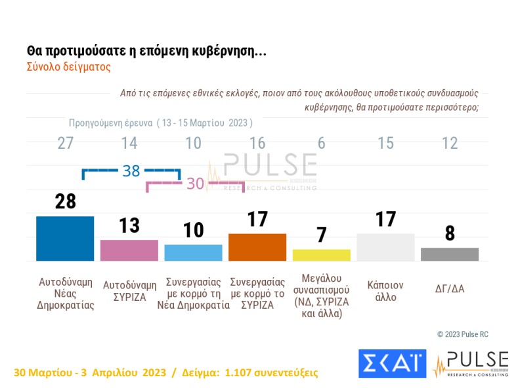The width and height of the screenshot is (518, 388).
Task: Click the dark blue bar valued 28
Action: pos(65,239)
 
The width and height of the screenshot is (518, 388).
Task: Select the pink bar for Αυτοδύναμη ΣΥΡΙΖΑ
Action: pos(129,250)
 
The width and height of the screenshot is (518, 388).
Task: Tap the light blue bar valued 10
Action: pos(193,253)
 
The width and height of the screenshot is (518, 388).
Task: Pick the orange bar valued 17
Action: pos(257,247)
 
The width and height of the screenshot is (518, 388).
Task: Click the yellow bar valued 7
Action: pos(322,255)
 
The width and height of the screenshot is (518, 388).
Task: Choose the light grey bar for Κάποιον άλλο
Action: pos(385,247)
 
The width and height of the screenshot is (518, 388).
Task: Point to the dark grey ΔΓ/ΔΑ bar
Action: pos(450,254)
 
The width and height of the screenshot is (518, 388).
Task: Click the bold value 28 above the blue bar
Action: pos(65,201)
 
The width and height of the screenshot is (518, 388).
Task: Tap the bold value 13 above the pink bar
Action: pos(129,225)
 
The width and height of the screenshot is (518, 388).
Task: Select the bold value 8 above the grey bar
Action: pos(450,233)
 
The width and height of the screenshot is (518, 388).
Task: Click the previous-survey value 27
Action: pos(65,144)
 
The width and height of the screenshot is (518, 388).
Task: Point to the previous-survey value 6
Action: pos(322,144)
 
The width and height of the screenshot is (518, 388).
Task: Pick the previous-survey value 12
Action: pos(450,144)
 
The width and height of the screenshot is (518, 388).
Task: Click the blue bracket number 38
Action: pos(131,171)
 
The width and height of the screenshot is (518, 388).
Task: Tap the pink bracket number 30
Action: pos(195,184)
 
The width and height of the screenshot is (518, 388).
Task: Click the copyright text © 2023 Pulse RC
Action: pos(463,334)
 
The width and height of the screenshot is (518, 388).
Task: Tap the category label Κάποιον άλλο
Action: pos(385,291)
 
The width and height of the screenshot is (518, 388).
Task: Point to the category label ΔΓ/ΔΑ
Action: pos(450,286)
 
